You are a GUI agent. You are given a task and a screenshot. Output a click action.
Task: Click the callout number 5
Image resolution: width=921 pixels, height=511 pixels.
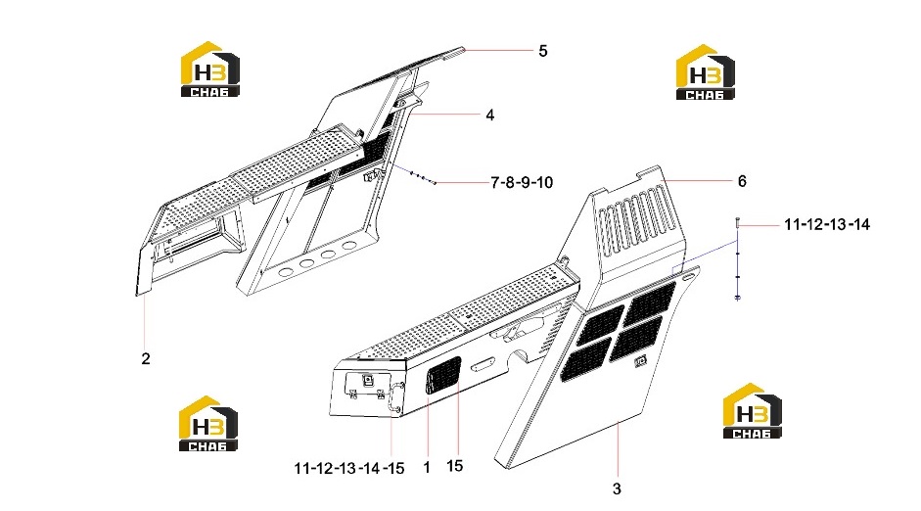click(543, 51)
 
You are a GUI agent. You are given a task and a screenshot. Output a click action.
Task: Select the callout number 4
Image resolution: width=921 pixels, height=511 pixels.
click(490, 116)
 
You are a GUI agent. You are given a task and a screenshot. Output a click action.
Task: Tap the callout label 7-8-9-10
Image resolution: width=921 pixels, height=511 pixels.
click(523, 183)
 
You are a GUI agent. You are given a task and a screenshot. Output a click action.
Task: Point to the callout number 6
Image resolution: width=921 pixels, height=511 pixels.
click(742, 181)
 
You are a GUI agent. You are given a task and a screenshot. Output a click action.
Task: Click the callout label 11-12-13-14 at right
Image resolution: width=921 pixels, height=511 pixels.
click(827, 224)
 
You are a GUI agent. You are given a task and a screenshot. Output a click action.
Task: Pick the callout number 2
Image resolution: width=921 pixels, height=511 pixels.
click(146, 358)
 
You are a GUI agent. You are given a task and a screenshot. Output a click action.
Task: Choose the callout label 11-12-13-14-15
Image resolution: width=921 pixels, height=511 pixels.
click(348, 468)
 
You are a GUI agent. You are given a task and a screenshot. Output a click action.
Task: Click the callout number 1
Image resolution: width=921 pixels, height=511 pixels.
click(427, 468)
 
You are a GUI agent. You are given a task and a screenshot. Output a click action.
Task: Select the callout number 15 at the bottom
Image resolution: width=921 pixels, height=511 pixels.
click(454, 466)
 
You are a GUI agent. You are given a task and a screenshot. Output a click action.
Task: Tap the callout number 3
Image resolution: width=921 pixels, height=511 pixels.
click(617, 488)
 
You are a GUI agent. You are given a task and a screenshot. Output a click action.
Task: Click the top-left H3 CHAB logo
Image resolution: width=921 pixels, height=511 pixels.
click(209, 69)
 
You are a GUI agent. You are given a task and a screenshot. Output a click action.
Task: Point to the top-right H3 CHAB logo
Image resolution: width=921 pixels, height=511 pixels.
click(705, 72)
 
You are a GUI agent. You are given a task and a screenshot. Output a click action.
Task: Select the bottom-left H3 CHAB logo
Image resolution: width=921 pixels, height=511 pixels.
click(207, 424)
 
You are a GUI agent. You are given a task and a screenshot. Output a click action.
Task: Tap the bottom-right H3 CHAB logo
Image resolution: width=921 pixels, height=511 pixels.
click(752, 411)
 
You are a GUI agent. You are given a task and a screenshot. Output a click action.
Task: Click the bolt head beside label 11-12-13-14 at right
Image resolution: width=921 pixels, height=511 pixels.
click(737, 222)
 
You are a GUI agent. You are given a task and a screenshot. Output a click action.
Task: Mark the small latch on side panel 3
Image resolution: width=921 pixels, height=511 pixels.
click(640, 362)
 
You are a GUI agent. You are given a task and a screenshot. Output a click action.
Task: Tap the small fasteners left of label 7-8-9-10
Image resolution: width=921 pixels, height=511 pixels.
click(422, 177)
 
